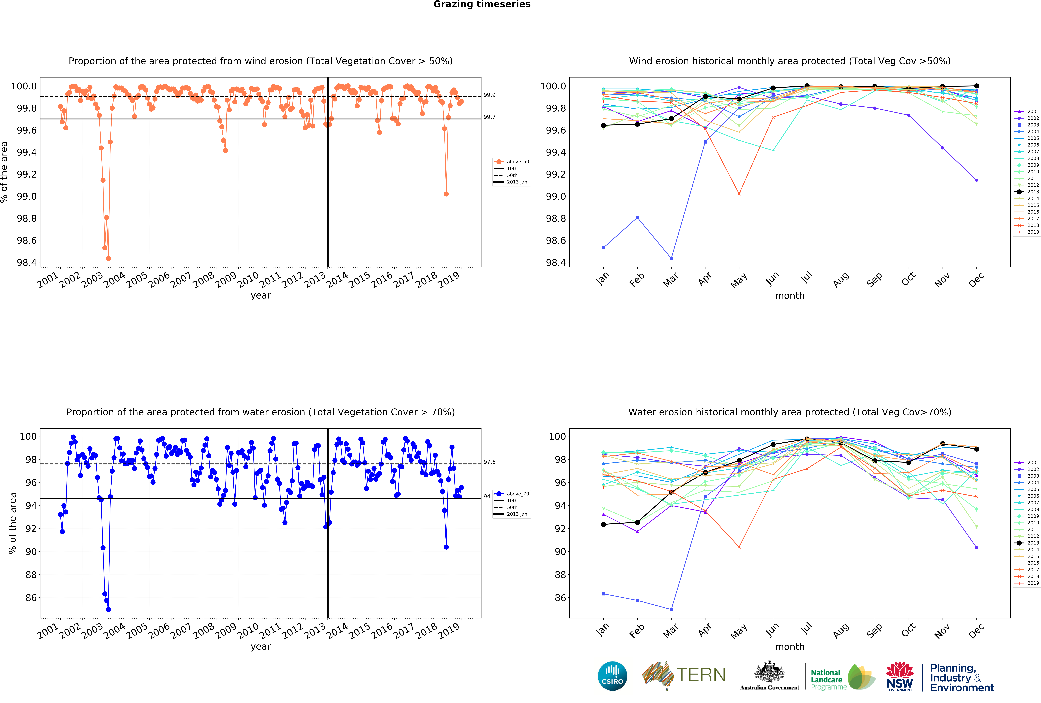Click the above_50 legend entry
(x=517, y=162)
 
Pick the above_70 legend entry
(x=517, y=494)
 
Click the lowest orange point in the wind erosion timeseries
(x=108, y=258)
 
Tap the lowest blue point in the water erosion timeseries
(x=108, y=609)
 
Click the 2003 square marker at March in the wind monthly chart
(x=671, y=258)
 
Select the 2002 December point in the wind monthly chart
(x=976, y=180)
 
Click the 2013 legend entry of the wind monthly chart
(x=1033, y=192)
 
